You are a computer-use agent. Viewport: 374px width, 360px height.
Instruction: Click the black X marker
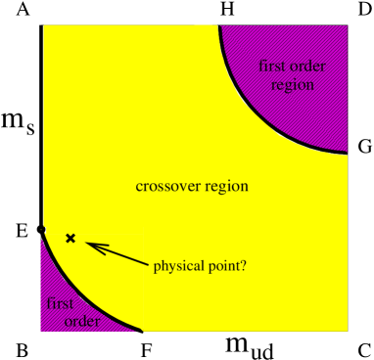[70, 238]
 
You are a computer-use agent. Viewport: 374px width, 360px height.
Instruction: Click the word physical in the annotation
[178, 265]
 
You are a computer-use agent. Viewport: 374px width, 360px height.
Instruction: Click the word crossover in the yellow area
[164, 186]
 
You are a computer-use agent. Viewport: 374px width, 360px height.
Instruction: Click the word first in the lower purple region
[60, 303]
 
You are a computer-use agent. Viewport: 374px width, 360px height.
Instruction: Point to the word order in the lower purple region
[82, 322]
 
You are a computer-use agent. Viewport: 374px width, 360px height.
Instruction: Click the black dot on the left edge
[42, 229]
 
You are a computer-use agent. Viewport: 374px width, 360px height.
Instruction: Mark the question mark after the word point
[243, 265]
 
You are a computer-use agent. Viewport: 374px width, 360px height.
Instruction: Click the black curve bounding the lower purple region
[78, 292]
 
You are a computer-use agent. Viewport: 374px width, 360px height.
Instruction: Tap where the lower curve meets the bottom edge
[143, 331]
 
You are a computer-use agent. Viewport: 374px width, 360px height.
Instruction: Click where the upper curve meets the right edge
[348, 154]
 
